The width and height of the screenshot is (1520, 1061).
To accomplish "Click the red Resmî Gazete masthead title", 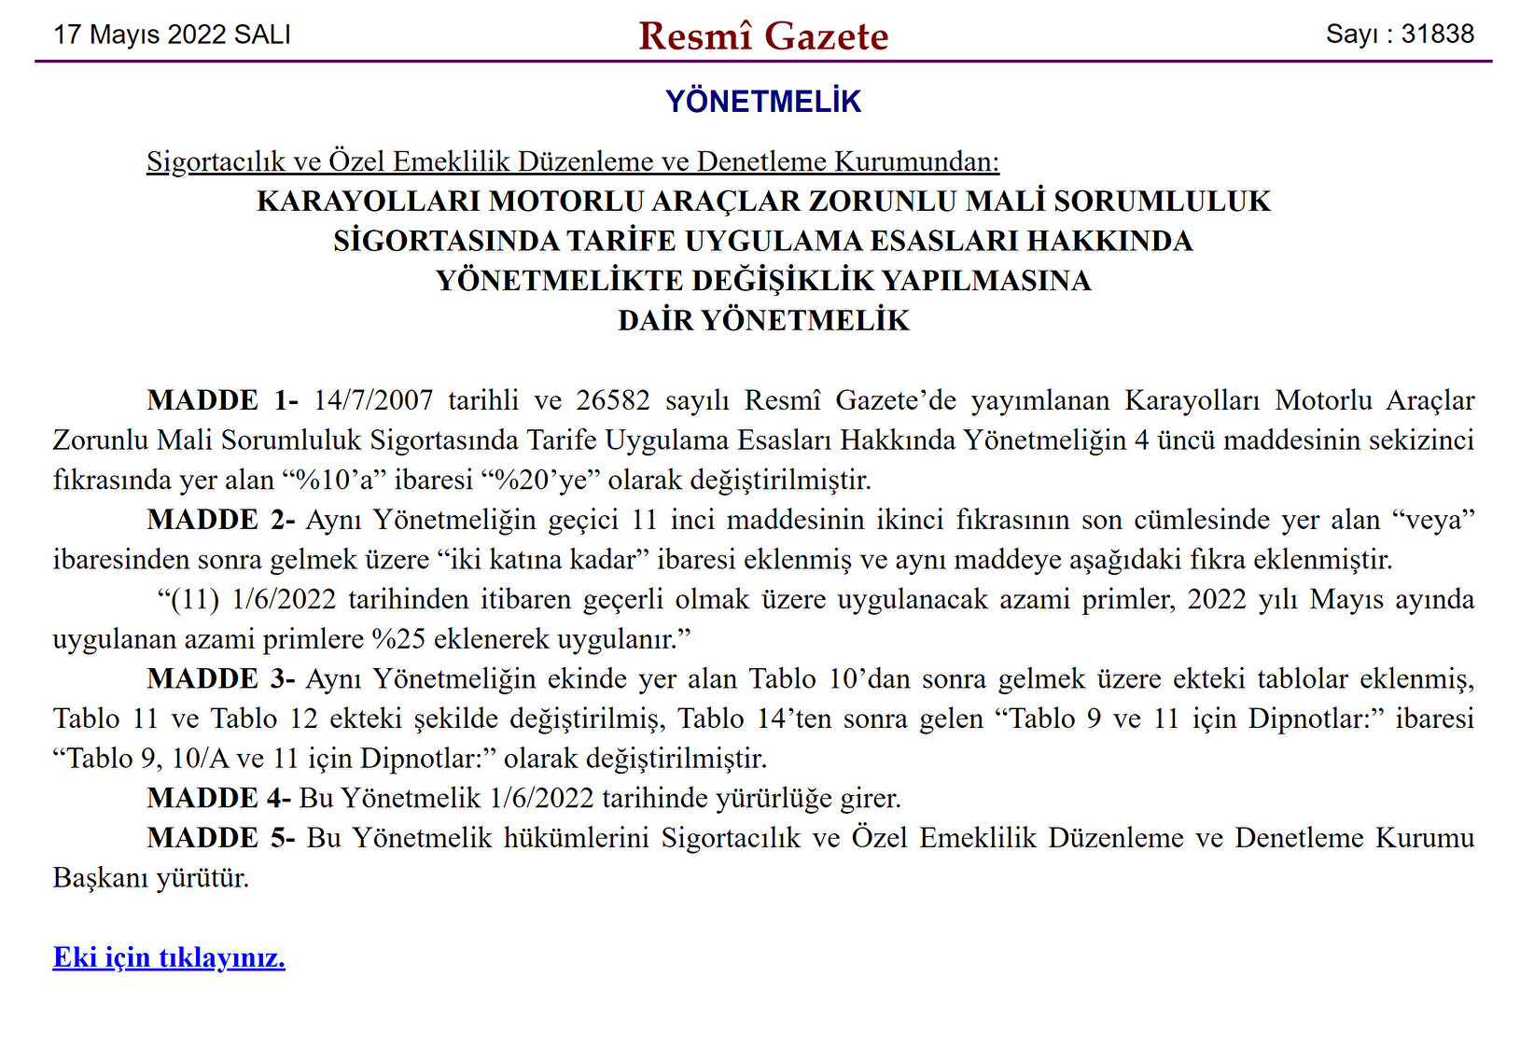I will click(x=763, y=36).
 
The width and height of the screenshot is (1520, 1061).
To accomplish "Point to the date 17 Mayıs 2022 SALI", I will click(x=173, y=35).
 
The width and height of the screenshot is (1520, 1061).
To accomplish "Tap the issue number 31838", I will click(x=1437, y=35).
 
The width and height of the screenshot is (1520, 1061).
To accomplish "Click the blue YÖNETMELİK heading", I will click(x=763, y=101).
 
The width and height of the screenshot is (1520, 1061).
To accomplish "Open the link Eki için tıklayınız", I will click(x=169, y=957).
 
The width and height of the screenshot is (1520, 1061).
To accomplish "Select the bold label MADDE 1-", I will click(x=222, y=400).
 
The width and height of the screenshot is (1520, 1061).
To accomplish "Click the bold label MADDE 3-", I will click(x=221, y=678).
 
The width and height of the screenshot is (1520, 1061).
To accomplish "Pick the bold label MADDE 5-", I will click(x=221, y=837).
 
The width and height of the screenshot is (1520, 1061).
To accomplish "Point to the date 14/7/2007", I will click(x=373, y=400).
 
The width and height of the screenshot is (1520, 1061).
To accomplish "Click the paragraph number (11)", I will click(x=195, y=599).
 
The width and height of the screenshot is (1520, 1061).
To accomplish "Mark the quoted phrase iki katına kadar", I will click(x=544, y=560).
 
